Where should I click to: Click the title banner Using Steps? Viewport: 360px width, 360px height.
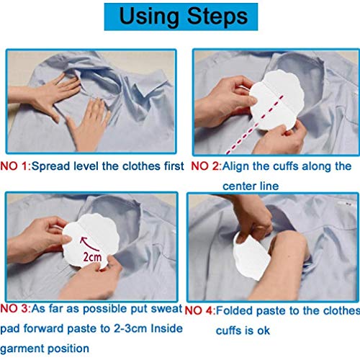(180, 17)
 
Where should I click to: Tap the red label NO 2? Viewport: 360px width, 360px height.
(204, 166)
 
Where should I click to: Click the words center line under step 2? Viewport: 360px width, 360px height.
(248, 185)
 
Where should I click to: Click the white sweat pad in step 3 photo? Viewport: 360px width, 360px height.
(90, 248)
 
